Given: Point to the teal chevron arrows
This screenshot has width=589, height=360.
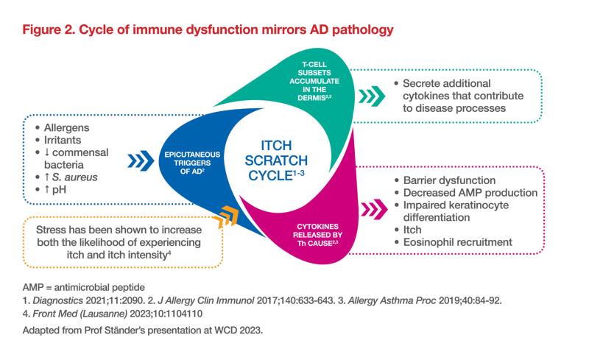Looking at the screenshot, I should click(x=370, y=95).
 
